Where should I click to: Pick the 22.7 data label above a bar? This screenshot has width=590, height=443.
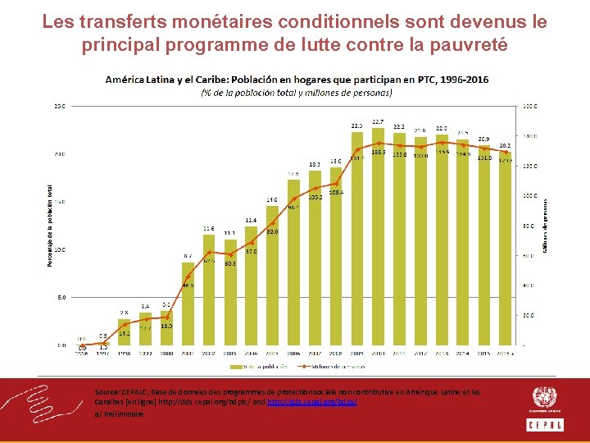pos(379,121)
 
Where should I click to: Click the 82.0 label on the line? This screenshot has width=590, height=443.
pos(272,232)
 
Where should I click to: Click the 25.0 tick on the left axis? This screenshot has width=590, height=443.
pos(61,106)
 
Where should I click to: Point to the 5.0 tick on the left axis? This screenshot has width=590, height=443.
pos(61,298)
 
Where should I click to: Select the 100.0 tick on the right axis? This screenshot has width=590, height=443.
pos(531,196)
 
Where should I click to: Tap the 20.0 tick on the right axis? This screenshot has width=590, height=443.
pos(530,315)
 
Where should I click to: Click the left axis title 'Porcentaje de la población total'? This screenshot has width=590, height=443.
pos(48,225)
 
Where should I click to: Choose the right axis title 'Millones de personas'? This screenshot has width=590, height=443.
pos(546,225)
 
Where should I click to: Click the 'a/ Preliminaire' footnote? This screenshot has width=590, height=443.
pos(120,415)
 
